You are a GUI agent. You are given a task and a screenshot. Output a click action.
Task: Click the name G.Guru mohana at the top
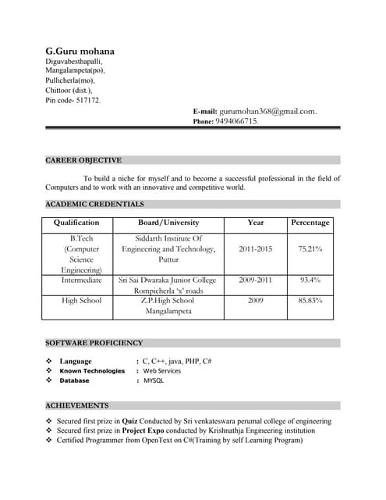tap(80, 50)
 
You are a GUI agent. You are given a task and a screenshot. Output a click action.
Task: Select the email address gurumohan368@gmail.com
tap(267, 111)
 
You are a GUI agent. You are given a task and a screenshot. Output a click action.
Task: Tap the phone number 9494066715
tap(236, 121)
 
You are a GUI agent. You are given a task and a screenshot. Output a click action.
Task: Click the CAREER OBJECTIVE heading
tap(83, 160)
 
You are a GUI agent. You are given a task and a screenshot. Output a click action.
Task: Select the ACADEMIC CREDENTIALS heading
tap(94, 204)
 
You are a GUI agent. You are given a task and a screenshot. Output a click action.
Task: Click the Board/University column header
tap(168, 223)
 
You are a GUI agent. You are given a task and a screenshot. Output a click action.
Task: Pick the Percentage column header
tap(310, 223)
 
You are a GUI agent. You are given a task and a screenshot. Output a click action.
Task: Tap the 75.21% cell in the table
tap(310, 248)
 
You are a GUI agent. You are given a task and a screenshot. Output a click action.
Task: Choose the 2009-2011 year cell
tap(255, 279)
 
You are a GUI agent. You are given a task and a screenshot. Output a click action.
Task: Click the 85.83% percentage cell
tap(310, 300)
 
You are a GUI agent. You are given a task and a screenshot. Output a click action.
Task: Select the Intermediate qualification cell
tap(81, 279)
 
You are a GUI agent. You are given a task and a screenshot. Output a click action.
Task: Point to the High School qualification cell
tap(81, 300)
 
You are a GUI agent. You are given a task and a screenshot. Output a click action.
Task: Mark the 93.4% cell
tap(310, 279)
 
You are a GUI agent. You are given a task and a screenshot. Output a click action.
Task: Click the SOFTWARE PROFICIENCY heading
tap(94, 342)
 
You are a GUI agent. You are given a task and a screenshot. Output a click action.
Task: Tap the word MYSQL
tap(154, 380)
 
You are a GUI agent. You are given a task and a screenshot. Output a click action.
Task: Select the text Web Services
tap(161, 370)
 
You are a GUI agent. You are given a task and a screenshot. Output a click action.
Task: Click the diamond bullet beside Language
tap(49, 361)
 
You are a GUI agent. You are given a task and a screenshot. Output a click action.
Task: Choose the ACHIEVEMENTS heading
tap(76, 405)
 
